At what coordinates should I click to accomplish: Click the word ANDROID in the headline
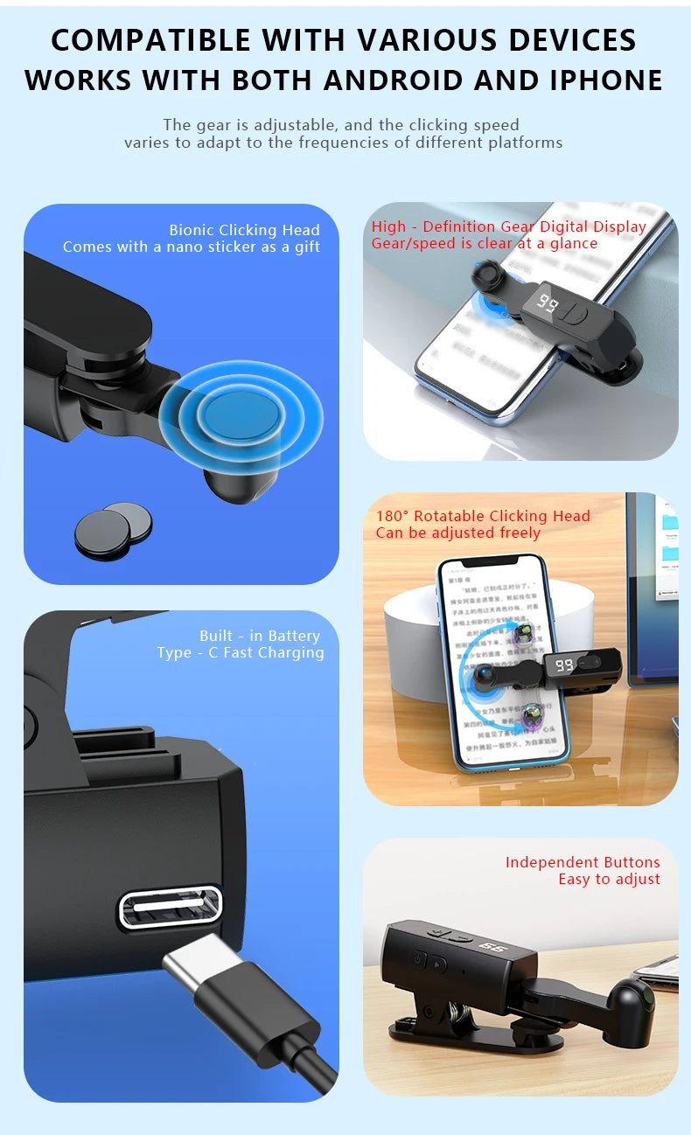(394, 80)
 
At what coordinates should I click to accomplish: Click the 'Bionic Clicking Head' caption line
(244, 230)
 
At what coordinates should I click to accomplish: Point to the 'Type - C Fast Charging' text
(241, 652)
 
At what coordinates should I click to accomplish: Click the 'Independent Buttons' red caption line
(583, 862)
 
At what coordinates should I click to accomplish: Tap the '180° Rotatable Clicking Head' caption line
(483, 516)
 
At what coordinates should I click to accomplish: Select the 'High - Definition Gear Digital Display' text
(508, 226)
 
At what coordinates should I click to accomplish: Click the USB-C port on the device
(171, 907)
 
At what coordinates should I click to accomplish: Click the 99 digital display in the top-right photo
(548, 303)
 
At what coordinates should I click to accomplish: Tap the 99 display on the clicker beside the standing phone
(564, 665)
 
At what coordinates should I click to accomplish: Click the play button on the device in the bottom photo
(439, 964)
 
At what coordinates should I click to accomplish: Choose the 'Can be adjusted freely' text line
(458, 533)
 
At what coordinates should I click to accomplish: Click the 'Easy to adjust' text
(609, 879)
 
